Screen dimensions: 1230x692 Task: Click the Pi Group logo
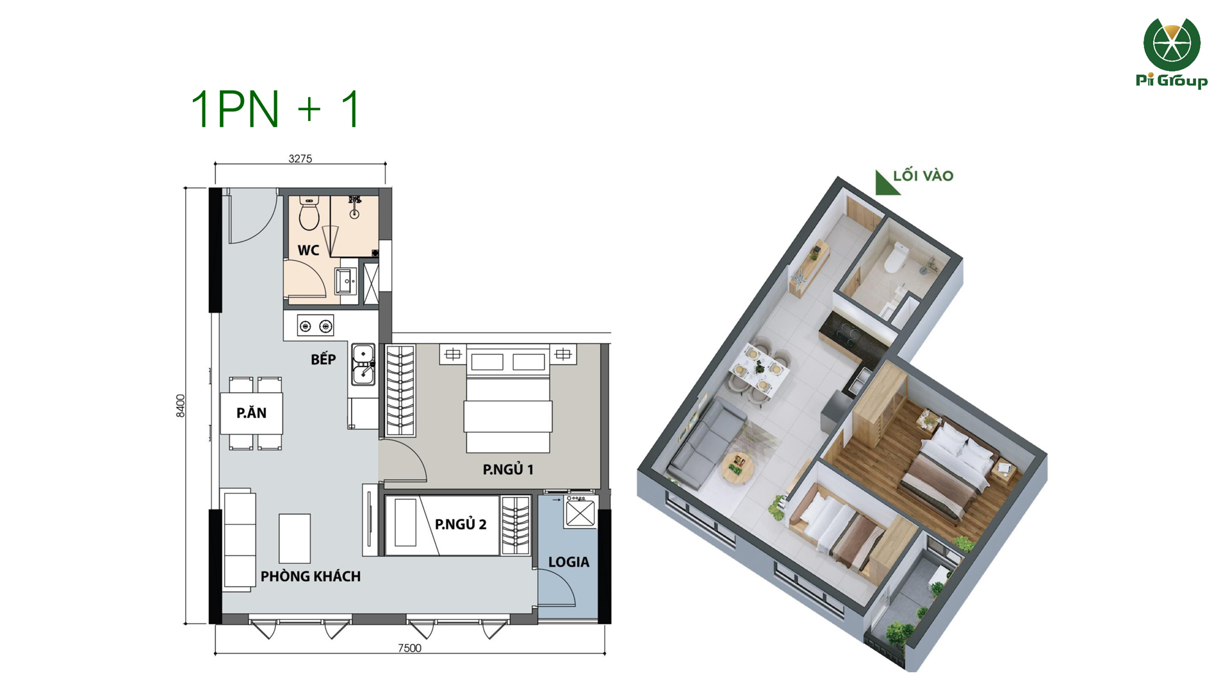click(x=1172, y=53)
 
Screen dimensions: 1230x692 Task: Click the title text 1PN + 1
click(x=276, y=109)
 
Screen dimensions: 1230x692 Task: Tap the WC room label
click(x=308, y=251)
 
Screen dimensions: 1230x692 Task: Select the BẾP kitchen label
click(x=323, y=359)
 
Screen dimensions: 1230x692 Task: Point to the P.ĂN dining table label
click(x=251, y=413)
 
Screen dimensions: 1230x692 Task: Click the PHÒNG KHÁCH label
click(x=311, y=576)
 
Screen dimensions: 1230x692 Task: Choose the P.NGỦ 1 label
click(x=508, y=470)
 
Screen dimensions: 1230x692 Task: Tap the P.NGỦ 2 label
click(x=461, y=524)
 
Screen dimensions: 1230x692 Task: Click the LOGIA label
click(x=569, y=562)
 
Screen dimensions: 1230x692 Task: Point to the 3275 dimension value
click(x=300, y=158)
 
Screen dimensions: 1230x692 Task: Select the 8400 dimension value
click(x=181, y=406)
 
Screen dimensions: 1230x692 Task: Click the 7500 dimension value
click(x=410, y=648)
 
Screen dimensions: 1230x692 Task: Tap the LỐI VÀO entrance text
click(x=923, y=176)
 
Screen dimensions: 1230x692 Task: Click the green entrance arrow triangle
click(x=885, y=183)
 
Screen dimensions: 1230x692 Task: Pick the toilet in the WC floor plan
click(x=309, y=213)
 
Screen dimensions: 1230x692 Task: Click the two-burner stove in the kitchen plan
click(x=315, y=326)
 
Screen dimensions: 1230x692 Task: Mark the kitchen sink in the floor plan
click(x=363, y=365)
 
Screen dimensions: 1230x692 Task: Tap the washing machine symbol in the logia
click(x=580, y=511)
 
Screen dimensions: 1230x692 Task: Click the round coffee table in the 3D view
click(x=738, y=466)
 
